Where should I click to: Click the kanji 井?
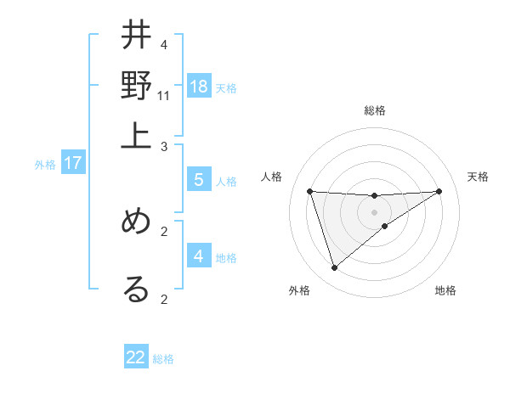point(137,37)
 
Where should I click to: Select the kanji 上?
point(137,133)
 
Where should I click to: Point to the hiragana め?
point(137,222)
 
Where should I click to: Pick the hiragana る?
point(137,289)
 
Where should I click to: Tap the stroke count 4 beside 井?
point(164,44)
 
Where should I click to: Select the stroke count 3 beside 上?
point(164,147)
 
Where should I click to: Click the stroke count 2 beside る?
point(164,298)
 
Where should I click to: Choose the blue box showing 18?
point(198,86)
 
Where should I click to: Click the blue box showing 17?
point(72,163)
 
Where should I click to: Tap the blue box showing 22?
point(136,357)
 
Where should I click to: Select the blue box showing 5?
point(198,179)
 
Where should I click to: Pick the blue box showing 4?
point(198,256)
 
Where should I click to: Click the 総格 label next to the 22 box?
point(163,359)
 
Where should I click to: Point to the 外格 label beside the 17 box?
point(45,165)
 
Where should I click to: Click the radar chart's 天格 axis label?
point(478,177)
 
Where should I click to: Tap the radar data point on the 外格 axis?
point(334,268)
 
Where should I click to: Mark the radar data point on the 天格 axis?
point(439,191)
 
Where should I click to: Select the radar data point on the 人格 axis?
point(309,191)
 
